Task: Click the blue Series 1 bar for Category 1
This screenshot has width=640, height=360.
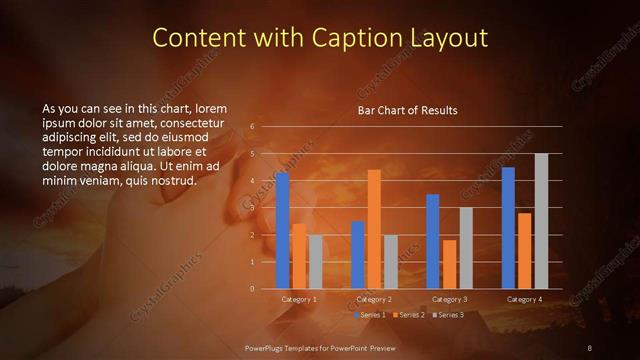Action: coord(282,230)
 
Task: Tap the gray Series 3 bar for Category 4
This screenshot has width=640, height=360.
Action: coord(541,220)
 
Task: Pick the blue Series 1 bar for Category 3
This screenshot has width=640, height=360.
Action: coord(432,240)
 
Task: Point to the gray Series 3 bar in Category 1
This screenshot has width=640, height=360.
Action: coord(315,261)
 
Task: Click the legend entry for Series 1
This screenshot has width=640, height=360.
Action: coord(374,315)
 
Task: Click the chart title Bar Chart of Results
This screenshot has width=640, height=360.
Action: coord(407,110)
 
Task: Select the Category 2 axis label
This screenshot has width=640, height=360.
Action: coord(374,299)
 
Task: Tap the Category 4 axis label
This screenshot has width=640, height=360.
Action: coord(524,299)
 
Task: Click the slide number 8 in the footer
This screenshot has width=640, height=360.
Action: coord(590,347)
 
